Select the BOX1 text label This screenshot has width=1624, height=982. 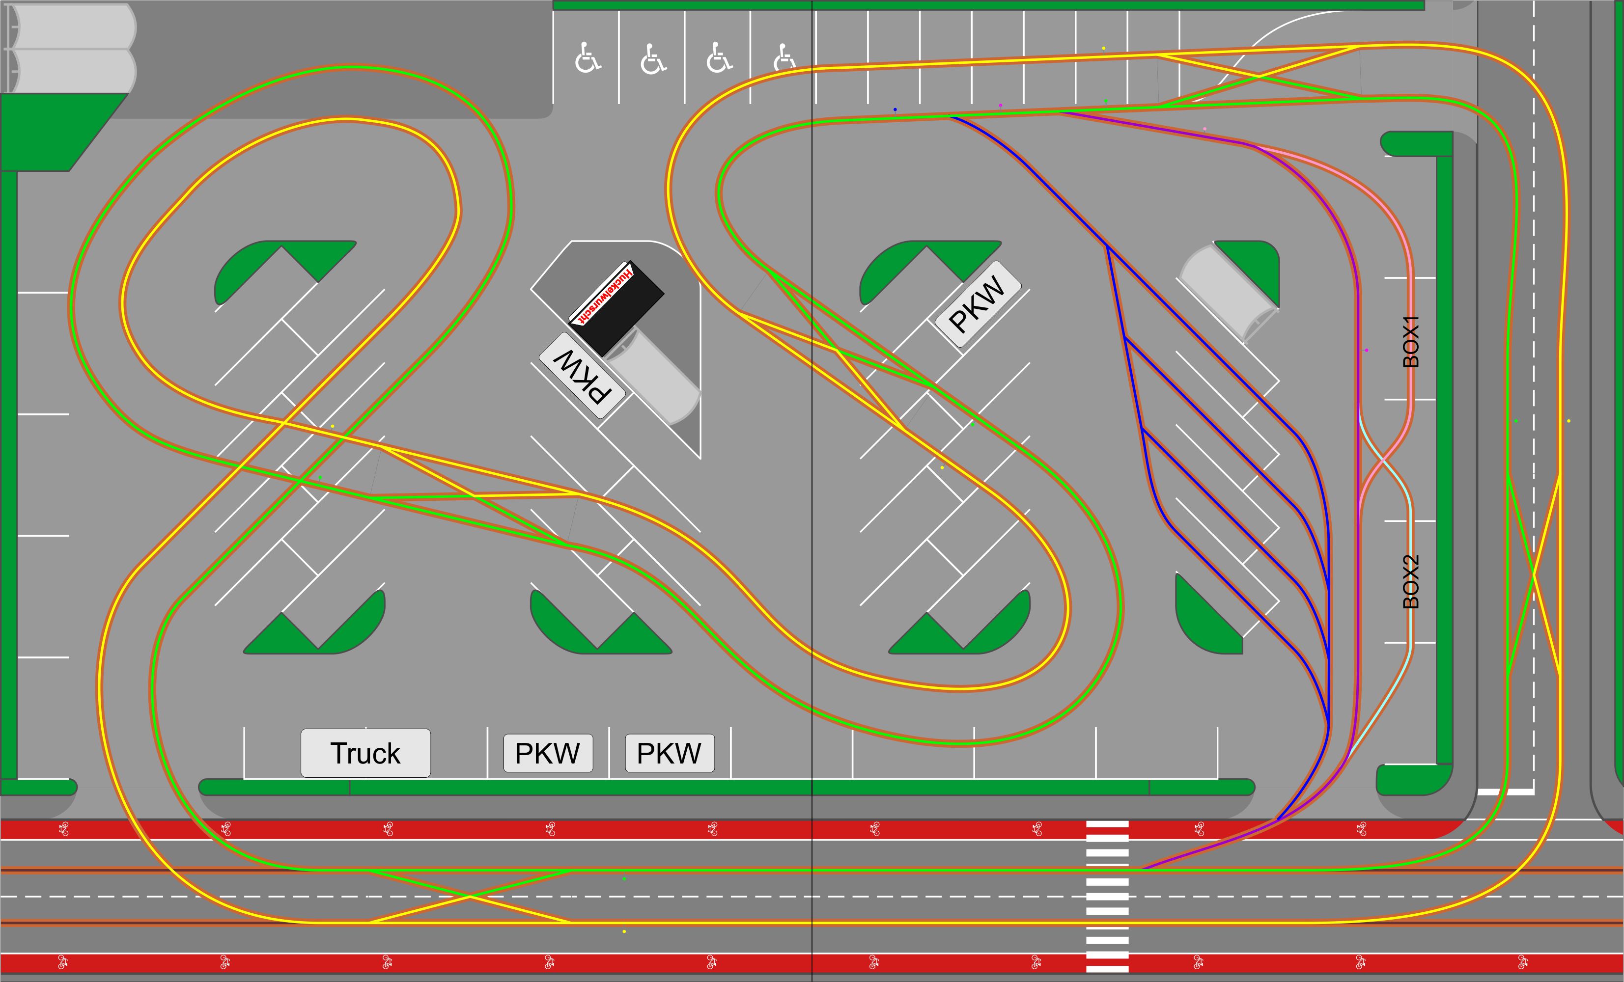coord(1410,341)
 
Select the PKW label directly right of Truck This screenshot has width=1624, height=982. coord(548,753)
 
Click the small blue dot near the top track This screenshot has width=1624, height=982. coord(895,109)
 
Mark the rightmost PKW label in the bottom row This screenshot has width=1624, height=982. coord(669,753)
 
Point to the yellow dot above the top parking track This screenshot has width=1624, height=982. coord(1104,48)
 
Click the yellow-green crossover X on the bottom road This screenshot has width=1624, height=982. coord(470,897)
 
